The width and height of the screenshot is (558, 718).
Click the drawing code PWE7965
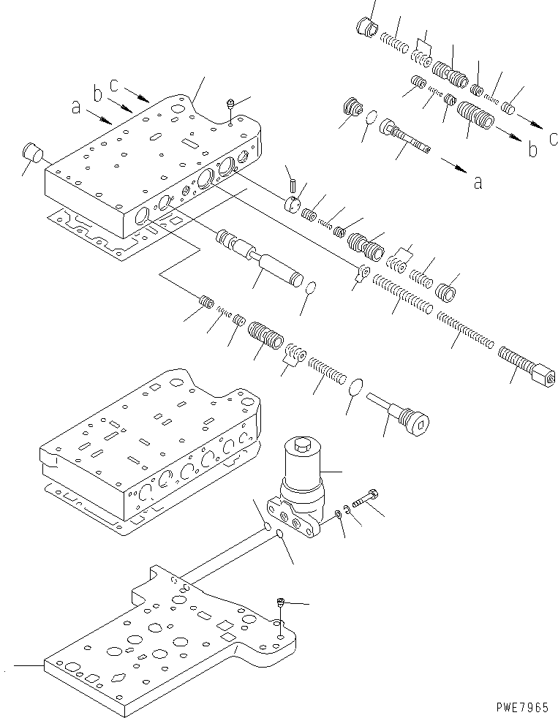pos(521,708)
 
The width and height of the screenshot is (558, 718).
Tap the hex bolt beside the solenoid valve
pos(363,499)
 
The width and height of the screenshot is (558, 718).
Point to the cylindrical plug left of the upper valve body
pos(32,154)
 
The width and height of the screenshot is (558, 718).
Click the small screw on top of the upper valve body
pos(230,107)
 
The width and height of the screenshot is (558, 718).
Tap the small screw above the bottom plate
pos(280,603)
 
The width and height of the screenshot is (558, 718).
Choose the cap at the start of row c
pos(366,29)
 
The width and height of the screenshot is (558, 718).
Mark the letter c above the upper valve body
pos(114,84)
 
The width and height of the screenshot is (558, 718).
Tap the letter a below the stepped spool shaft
pos(478,182)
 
